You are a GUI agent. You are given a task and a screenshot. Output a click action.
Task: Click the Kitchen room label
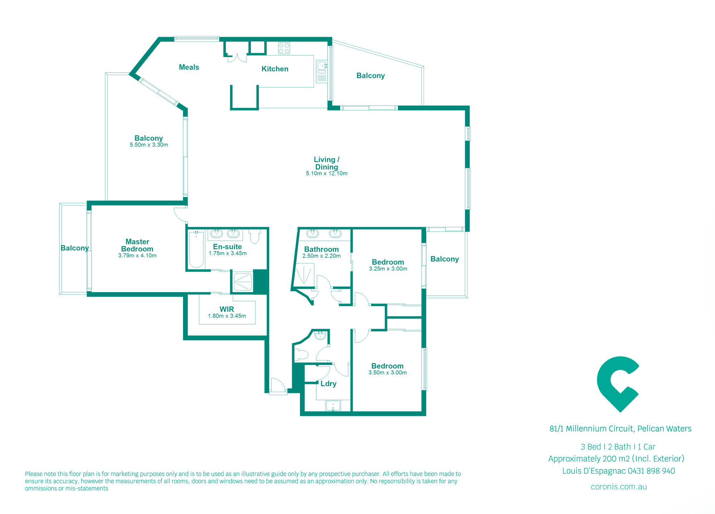pos(275,69)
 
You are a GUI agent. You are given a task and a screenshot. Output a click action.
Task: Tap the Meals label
pos(189,67)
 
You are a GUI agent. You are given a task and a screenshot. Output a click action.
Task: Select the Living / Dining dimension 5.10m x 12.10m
pos(326,174)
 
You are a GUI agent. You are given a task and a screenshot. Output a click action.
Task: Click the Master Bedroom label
pos(137,245)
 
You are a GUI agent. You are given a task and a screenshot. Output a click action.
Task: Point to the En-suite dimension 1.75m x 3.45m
pos(228,254)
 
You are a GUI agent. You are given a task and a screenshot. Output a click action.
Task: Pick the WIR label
pos(227,309)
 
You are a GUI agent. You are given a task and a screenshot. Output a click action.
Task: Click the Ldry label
pos(328,384)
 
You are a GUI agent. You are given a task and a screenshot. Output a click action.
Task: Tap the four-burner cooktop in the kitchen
pos(284,48)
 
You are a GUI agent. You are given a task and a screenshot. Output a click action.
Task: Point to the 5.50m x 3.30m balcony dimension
pos(149,145)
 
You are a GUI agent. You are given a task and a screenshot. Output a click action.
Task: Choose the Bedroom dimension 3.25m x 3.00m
pos(388,269)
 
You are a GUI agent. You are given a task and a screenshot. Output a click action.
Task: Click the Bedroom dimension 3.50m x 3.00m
pos(388,373)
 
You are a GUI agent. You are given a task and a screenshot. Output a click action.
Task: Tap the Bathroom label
pos(321,249)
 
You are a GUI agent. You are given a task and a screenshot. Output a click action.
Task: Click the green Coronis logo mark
pos(618,384)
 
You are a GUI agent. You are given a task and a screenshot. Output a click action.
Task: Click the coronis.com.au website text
pos(619,487)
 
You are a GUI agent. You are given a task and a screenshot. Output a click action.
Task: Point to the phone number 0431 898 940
pos(651,471)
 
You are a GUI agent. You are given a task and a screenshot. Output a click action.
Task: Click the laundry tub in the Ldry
pos(333,406)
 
